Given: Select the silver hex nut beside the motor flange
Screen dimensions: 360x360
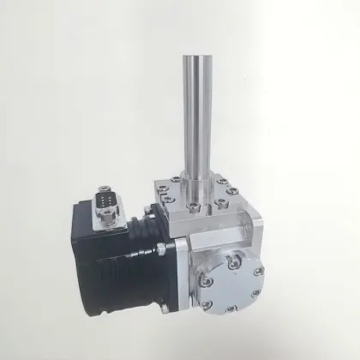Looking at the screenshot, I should click(159, 250).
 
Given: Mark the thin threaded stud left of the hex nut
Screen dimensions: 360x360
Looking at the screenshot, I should click(146, 254).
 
